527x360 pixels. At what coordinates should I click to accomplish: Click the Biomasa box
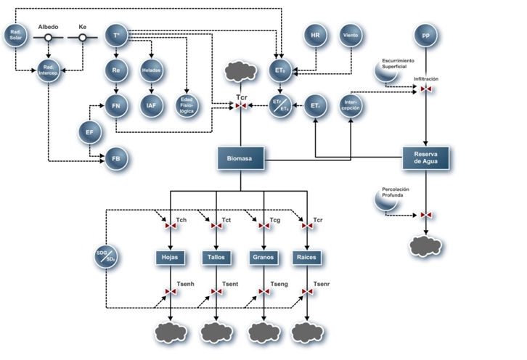240,159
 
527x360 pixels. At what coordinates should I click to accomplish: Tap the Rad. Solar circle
15,34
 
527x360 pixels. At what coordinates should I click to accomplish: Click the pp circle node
425,34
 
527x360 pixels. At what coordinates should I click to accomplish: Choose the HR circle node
314,34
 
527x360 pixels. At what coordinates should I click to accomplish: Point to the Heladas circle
151,70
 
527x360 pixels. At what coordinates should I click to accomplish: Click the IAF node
151,106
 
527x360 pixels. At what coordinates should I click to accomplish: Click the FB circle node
116,157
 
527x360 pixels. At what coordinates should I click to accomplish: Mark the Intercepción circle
351,106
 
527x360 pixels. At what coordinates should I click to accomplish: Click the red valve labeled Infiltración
425,89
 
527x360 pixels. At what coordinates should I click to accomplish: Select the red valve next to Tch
171,227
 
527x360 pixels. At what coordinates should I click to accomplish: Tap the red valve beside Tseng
263,292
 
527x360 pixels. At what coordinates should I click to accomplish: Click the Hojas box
171,257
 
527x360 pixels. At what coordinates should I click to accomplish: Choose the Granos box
263,257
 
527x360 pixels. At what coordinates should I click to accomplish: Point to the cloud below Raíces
308,332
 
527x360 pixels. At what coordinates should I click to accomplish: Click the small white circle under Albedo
49,38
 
